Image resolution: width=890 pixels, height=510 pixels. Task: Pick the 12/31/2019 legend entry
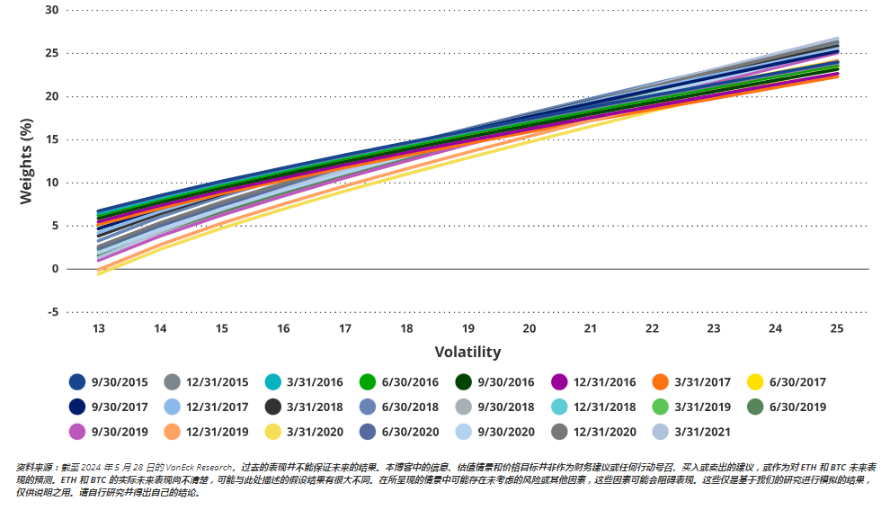pos(217,432)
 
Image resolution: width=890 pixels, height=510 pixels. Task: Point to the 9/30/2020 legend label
pos(506,432)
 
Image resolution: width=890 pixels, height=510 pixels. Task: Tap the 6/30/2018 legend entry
pos(409,407)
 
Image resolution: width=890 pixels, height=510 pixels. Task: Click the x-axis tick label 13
pos(98,329)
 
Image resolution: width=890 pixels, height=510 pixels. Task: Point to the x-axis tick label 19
pos(467,329)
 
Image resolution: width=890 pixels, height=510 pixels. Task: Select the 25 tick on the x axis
pos(837,329)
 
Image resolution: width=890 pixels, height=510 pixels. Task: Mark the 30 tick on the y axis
pos(51,10)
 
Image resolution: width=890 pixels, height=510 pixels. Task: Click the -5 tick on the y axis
pos(52,312)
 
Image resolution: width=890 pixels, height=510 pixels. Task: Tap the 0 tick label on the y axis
pos(55,269)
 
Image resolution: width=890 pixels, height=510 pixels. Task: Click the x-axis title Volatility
pos(467,352)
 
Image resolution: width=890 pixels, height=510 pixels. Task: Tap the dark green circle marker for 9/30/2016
pos(464,382)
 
